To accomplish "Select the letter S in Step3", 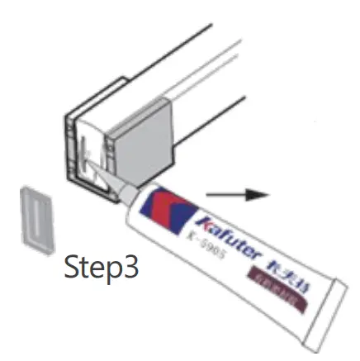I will click(x=72, y=268).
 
